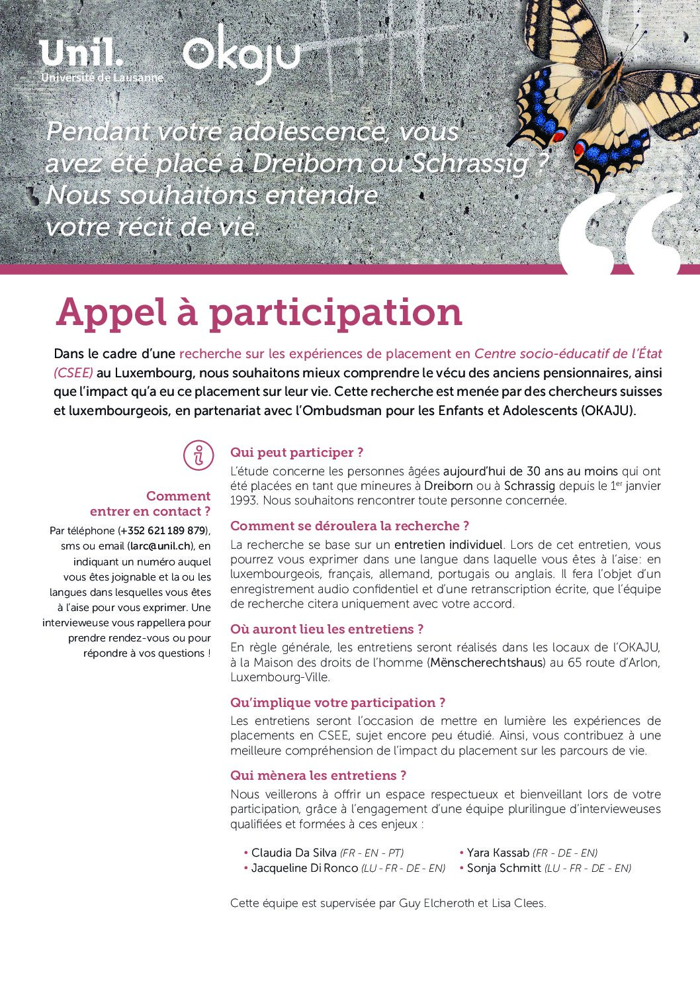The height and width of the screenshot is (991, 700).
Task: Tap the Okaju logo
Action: coord(241,53)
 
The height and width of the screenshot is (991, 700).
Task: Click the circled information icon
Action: coord(198,455)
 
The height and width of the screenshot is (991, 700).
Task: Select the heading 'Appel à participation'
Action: coord(259,312)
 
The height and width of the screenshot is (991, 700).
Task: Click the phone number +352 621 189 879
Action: coord(163,531)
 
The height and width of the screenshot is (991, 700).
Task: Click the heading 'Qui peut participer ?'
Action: coord(296,453)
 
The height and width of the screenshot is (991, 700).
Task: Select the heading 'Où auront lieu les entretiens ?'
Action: coord(326,629)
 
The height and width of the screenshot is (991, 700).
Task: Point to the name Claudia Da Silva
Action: coord(293,853)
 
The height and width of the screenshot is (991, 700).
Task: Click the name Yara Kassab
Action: coord(498,853)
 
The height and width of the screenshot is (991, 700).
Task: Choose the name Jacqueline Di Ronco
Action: coord(304,868)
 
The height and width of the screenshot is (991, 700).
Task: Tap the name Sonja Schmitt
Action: coord(503,868)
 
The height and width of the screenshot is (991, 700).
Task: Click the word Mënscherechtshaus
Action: coord(486,663)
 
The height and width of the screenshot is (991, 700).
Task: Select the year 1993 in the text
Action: coord(243,500)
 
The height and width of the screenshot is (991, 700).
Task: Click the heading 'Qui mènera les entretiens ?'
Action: coord(318,775)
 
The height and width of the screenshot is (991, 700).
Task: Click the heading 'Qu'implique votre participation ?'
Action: coord(337,702)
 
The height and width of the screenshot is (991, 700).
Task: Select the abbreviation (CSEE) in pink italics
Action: coord(73,373)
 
